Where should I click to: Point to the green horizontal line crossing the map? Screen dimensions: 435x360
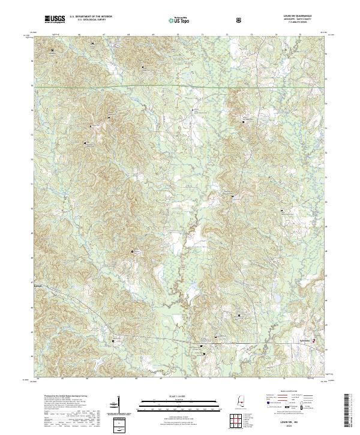180,88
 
